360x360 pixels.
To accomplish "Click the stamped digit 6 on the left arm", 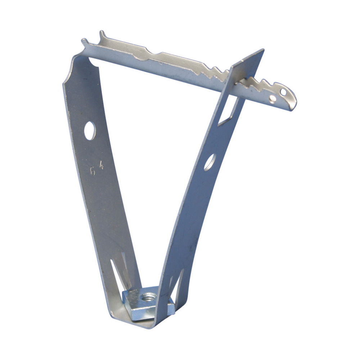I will click(x=93, y=171).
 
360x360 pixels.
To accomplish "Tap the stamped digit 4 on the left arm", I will click(x=102, y=166).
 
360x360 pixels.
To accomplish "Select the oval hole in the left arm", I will click(x=90, y=131).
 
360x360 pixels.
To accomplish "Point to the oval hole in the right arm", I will click(x=210, y=162).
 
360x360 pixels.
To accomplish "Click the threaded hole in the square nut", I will click(x=148, y=297).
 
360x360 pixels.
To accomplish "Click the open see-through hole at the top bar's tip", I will click(x=283, y=92).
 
